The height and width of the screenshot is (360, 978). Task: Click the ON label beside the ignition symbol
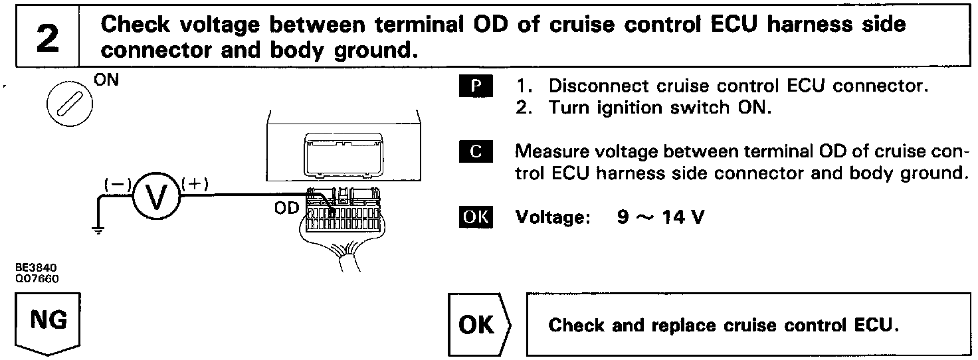104,82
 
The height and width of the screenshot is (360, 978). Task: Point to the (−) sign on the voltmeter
118,186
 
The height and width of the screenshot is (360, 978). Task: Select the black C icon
475,152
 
